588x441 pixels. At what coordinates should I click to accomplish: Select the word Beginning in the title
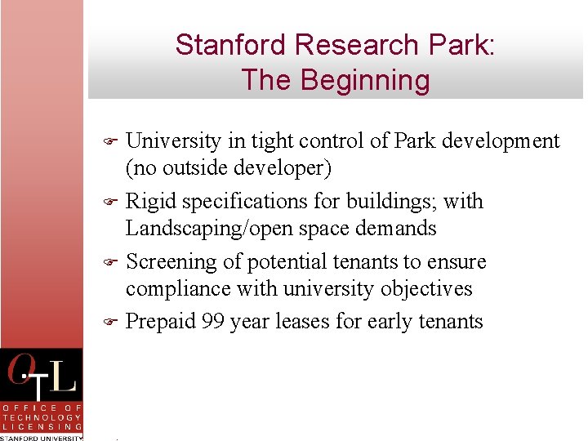click(x=365, y=80)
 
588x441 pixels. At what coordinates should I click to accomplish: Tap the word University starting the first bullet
click(x=174, y=141)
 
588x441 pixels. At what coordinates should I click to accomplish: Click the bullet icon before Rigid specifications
click(x=114, y=202)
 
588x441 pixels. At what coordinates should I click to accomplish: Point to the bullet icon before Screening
click(x=114, y=262)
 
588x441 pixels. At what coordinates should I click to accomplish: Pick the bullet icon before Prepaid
click(x=114, y=322)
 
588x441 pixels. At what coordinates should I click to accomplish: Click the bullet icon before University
click(x=114, y=141)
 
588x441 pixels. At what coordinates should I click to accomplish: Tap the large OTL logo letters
click(x=42, y=376)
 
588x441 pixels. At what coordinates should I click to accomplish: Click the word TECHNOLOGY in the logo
click(x=42, y=416)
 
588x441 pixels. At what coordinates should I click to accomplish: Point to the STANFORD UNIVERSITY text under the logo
click(x=42, y=437)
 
